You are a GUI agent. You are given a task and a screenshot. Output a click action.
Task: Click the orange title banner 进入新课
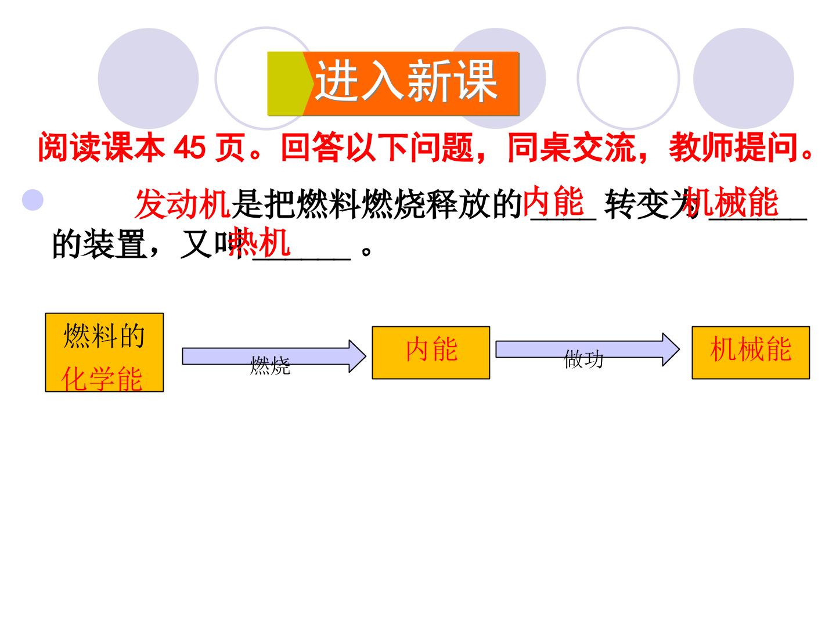click(393, 84)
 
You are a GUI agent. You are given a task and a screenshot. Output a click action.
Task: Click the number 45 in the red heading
click(190, 147)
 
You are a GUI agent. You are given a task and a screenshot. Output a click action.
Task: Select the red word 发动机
click(182, 204)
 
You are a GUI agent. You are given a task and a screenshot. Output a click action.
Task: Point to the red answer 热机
click(259, 242)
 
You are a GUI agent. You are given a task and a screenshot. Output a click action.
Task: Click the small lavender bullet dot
click(33, 200)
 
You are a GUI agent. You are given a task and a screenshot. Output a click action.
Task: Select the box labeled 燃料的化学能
click(105, 352)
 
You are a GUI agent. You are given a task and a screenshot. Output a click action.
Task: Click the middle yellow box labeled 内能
click(431, 352)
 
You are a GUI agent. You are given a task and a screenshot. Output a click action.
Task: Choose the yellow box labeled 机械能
click(751, 352)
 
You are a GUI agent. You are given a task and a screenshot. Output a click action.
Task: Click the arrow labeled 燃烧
click(274, 356)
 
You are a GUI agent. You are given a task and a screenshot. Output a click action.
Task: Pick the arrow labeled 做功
click(588, 349)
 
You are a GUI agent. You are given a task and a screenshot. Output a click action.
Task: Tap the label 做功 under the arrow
click(583, 359)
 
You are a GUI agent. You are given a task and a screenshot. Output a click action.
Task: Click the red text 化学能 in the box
click(102, 379)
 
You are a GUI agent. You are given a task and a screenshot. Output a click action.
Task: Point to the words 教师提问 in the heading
click(733, 147)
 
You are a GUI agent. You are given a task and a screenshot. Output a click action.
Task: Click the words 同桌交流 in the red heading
click(572, 147)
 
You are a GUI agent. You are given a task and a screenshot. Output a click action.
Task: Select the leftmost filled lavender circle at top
click(148, 78)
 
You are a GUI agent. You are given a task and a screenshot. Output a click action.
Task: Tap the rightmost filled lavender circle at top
click(744, 78)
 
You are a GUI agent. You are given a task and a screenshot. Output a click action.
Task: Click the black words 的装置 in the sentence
click(100, 244)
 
